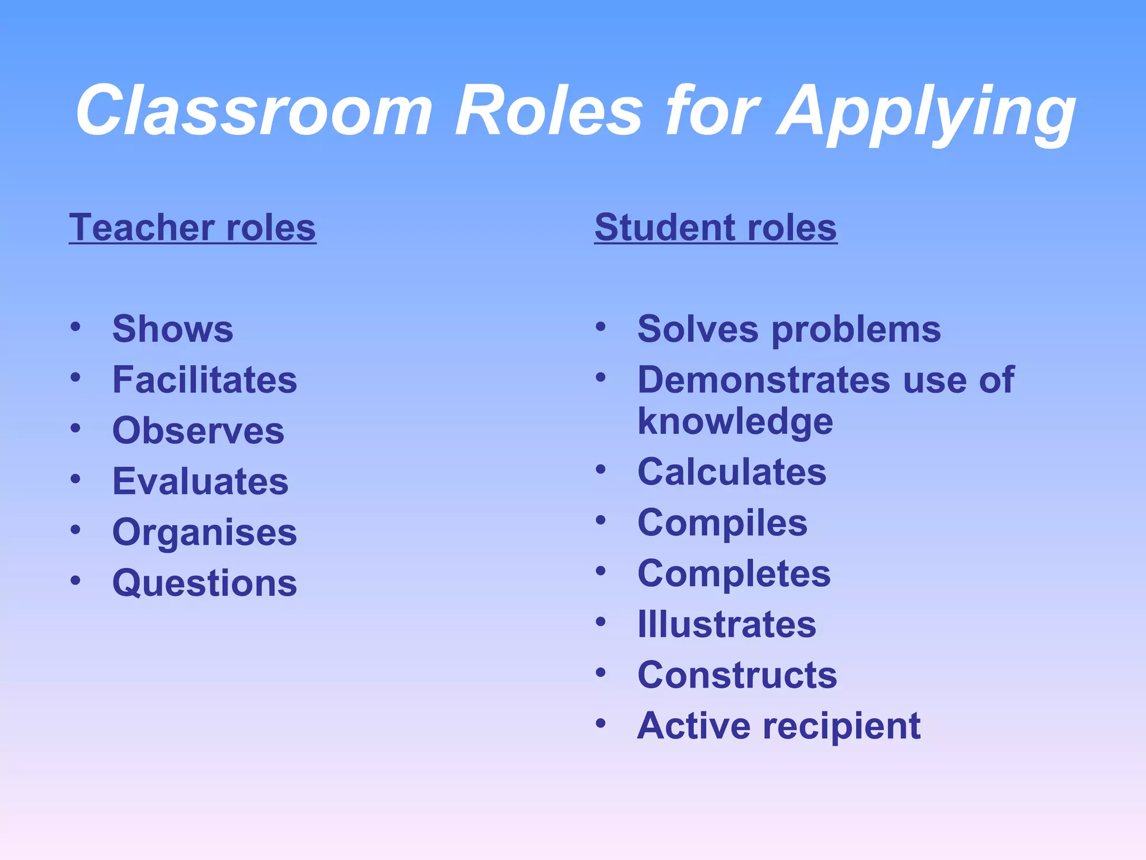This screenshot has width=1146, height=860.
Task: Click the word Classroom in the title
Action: pyautogui.click(x=255, y=110)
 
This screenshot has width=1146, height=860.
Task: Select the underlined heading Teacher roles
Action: pyautogui.click(x=192, y=228)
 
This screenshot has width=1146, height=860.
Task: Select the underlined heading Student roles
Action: pyautogui.click(x=716, y=228)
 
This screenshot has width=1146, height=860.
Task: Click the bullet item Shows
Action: pyautogui.click(x=173, y=329)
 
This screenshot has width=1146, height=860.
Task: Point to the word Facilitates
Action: pyautogui.click(x=205, y=380)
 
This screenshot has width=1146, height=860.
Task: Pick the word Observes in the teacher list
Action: pyautogui.click(x=199, y=431)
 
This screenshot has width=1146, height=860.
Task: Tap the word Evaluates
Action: pyautogui.click(x=200, y=482)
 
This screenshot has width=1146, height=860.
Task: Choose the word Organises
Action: pyautogui.click(x=205, y=532)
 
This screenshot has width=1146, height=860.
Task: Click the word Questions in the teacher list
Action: pyautogui.click(x=205, y=583)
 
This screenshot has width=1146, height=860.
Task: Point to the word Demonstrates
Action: pyautogui.click(x=764, y=380)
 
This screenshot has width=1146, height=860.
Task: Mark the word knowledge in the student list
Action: pyautogui.click(x=735, y=422)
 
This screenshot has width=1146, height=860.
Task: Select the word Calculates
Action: pyautogui.click(x=732, y=471)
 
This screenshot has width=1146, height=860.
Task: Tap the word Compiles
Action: pyautogui.click(x=722, y=524)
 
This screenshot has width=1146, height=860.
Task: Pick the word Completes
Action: pyautogui.click(x=734, y=574)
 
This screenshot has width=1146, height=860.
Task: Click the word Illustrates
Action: pyautogui.click(x=727, y=624)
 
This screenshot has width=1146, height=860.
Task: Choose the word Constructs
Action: pyautogui.click(x=738, y=675)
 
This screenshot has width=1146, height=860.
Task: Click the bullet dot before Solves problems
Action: pyautogui.click(x=600, y=326)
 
